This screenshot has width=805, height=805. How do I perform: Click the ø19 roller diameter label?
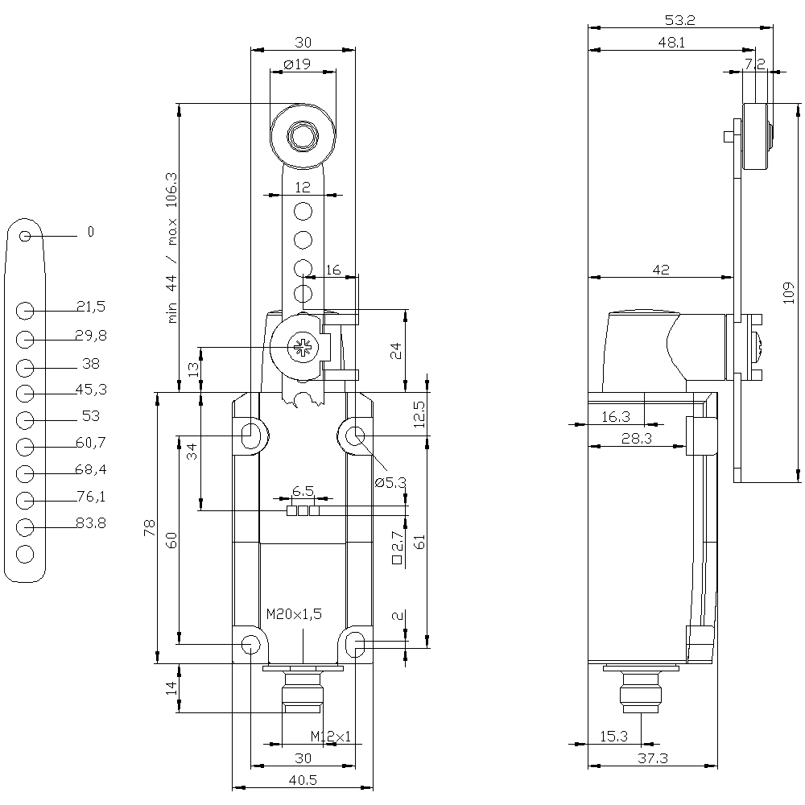pos(297,65)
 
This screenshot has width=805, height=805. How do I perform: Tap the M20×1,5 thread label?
pos(294,614)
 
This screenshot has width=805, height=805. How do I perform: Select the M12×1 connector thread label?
pos(331,736)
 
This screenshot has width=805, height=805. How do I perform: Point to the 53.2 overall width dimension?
pos(680,19)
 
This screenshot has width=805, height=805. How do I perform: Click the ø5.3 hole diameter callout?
pos(391,482)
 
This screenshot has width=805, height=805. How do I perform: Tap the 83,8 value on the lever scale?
pos(91,522)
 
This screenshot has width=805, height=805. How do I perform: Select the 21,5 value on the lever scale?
pos(91,307)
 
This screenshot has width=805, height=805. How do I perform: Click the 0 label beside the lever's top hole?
pos(91,232)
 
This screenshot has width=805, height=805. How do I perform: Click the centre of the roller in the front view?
pos(303,135)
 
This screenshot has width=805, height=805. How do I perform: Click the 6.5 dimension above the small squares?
pos(303,489)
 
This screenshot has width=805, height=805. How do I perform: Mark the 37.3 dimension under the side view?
pos(653,758)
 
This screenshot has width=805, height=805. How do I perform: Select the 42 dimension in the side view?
pos(661,270)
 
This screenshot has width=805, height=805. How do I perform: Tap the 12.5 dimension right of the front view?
pos(417,415)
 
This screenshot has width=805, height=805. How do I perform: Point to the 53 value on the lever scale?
pos(90,416)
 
